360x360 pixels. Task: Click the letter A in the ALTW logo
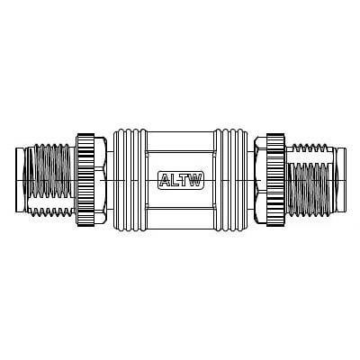pyautogui.click(x=165, y=180)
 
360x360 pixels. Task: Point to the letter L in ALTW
pyautogui.click(x=175, y=180)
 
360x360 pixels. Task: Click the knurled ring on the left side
pyautogui.click(x=85, y=180)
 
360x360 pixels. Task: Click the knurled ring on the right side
pyautogui.click(x=275, y=180)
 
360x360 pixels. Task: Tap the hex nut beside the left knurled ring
pyautogui.click(x=100, y=180)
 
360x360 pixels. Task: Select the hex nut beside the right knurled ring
pyautogui.click(x=260, y=180)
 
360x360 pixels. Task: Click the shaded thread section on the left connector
pyautogui.click(x=51, y=172)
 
